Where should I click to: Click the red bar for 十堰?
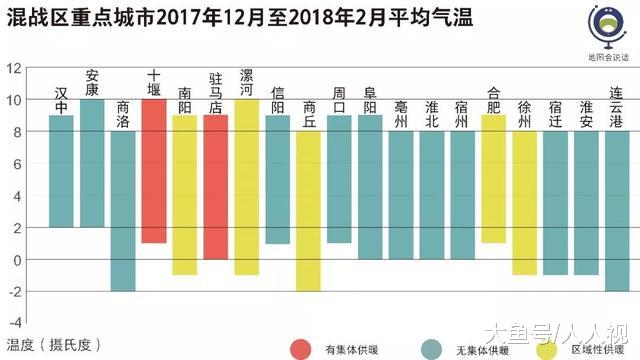(153, 171)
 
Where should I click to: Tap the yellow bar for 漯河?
(246, 187)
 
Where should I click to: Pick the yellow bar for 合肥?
(493, 179)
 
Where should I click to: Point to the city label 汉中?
(61, 100)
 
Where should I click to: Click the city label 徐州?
(524, 109)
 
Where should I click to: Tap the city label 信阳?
(277, 100)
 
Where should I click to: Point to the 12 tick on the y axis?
(14, 68)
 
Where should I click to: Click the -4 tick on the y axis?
(14, 324)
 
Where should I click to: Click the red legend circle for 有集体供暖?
(300, 348)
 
